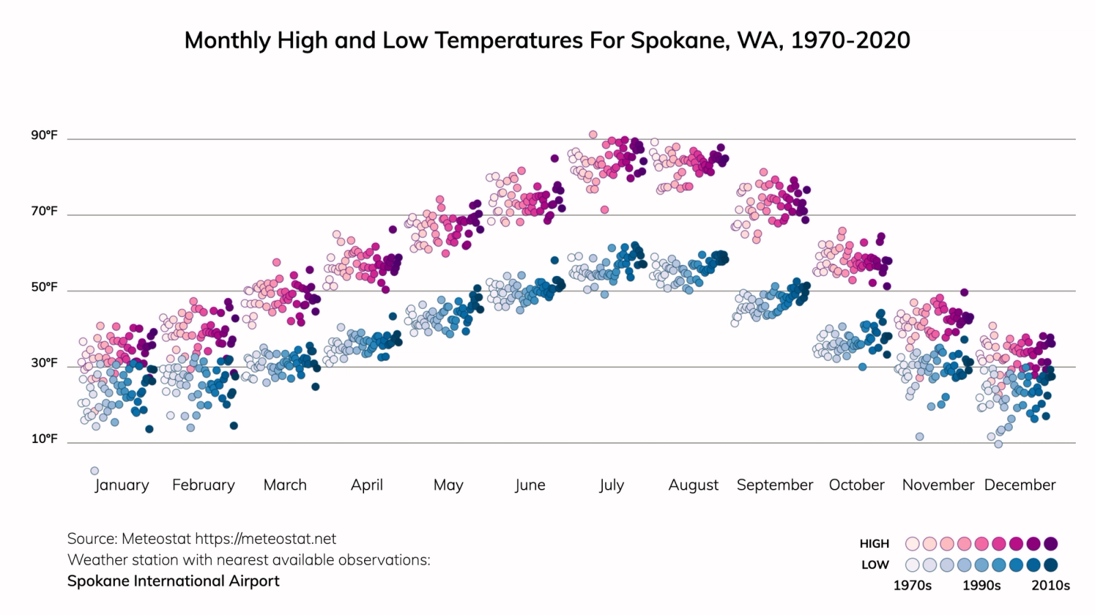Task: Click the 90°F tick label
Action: click(x=44, y=135)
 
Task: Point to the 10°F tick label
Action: click(x=44, y=438)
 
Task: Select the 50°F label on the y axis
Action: click(x=44, y=287)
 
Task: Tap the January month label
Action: click(x=122, y=485)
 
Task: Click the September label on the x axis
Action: click(x=775, y=485)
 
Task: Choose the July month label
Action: click(x=611, y=485)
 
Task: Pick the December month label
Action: click(x=1020, y=485)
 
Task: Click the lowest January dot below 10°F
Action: click(x=94, y=470)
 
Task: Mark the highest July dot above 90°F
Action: click(x=593, y=134)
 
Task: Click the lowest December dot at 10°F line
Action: click(x=999, y=444)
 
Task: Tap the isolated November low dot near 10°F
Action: click(x=920, y=436)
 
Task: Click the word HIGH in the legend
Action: click(x=874, y=544)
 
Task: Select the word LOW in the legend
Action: click(x=875, y=565)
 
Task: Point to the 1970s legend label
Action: click(x=912, y=586)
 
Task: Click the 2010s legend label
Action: click(x=1051, y=586)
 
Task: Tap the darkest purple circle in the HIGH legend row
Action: click(x=1051, y=544)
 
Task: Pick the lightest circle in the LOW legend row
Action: click(x=912, y=565)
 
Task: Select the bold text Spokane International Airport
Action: click(x=173, y=581)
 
